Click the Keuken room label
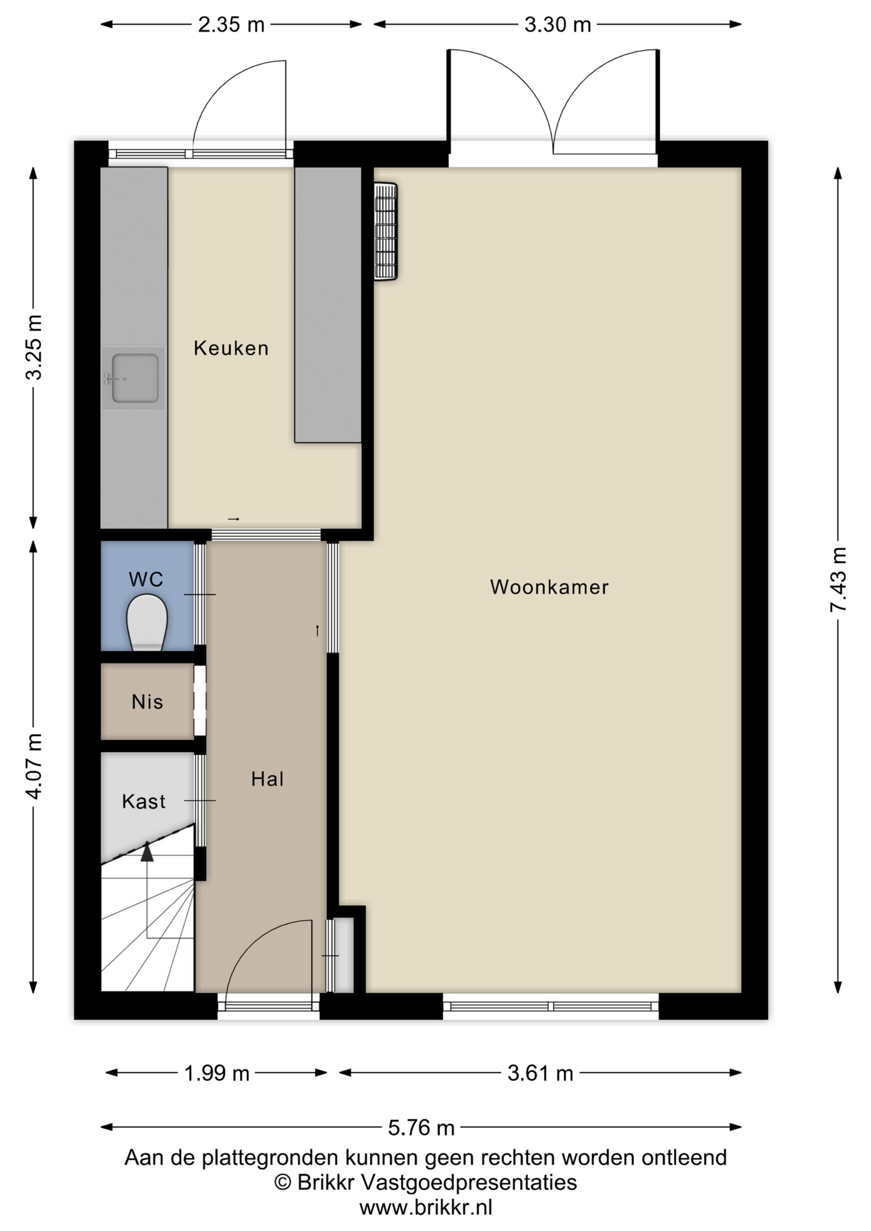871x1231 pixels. point(231,348)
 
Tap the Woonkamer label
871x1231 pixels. point(549,587)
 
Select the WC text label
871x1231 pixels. point(146,580)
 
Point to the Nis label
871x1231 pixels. point(147,701)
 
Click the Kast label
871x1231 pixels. point(144,801)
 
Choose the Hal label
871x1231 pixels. point(267,779)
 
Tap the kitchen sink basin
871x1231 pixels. point(135,378)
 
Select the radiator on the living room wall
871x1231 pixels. point(385,231)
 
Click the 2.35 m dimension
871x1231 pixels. point(231,24)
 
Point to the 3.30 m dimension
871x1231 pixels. point(557,24)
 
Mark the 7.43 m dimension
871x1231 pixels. point(838,580)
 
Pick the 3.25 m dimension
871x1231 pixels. point(33,347)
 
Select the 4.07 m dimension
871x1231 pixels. point(33,766)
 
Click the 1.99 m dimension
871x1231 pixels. point(217,1073)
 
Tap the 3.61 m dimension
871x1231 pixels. point(540,1073)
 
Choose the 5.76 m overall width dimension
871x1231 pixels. point(421,1126)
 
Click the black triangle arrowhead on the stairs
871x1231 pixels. point(148,851)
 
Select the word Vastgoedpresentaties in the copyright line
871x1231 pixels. point(469,1182)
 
